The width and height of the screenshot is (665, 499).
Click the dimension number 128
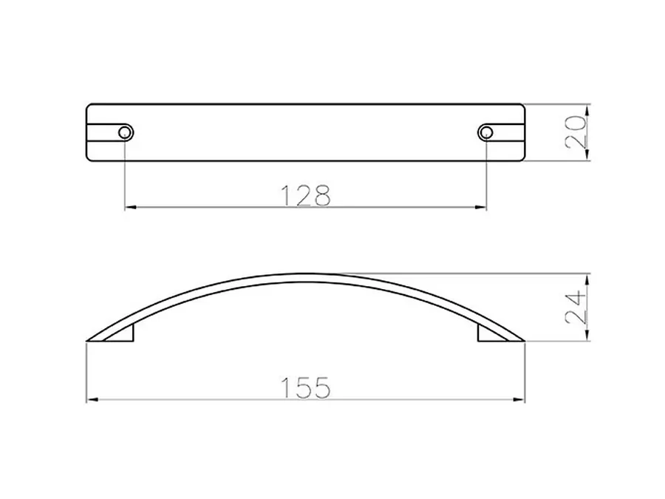pos(305,195)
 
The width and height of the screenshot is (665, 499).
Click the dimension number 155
pos(305,387)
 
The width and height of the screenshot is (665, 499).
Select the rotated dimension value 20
pos(576,132)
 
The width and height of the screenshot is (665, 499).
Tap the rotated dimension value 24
pos(576,308)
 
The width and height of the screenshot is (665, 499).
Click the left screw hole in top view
pos(125,132)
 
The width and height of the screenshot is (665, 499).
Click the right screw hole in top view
pos(485,132)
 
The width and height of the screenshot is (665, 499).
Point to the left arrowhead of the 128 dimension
pos(130,208)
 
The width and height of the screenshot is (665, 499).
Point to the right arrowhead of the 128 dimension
pos(480,208)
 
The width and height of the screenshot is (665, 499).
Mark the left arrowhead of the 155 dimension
pos(92,400)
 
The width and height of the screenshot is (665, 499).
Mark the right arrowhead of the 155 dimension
pos(519,400)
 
